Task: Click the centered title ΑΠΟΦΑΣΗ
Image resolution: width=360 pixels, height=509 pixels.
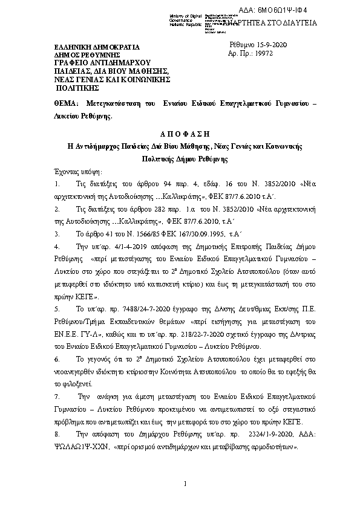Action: [x=180, y=133]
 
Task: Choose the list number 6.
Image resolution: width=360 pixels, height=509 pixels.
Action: [x=56, y=358]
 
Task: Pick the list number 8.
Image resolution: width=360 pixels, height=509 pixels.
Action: [x=56, y=435]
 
